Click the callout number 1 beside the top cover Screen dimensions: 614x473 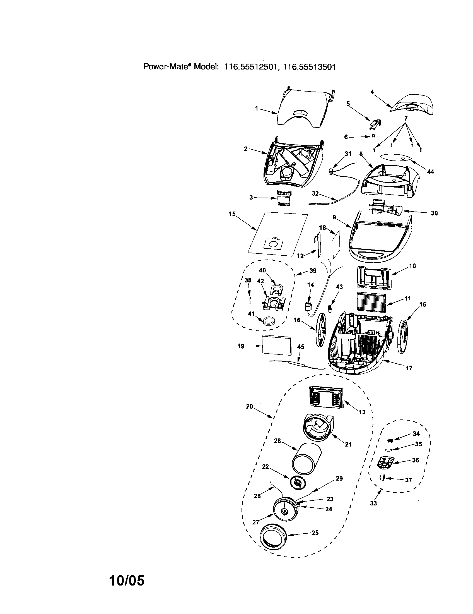coord(257,108)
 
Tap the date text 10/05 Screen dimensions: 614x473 coord(127,580)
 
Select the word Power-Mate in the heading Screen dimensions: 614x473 coord(167,67)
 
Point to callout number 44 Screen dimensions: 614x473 coord(430,171)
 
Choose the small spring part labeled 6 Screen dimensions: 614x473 coord(373,136)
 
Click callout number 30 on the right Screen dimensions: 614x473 coord(434,213)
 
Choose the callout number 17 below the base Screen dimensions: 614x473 coord(409,368)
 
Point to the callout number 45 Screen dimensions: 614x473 coord(301,347)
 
